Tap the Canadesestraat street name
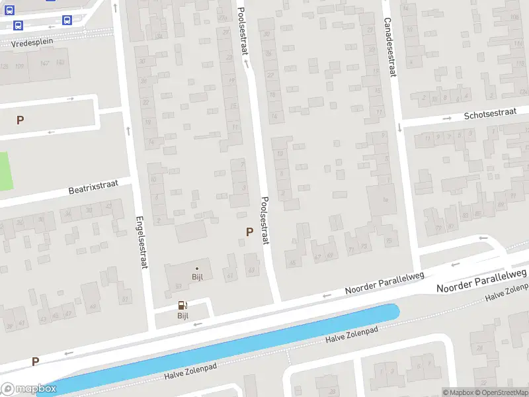point(389,46)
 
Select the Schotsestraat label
point(490,114)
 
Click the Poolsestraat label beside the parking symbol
point(264,220)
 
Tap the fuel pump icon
point(183,305)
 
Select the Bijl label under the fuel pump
point(183,316)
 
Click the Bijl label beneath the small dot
point(196,277)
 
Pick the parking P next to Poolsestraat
point(249,232)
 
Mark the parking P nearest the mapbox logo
point(35,361)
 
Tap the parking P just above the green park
point(20,120)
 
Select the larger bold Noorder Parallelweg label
point(481,281)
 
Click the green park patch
point(6,171)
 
